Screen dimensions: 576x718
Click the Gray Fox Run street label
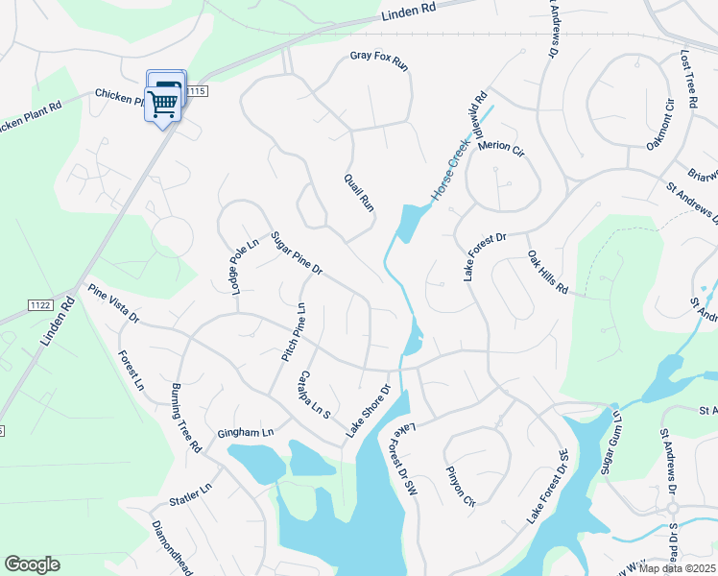click(379, 62)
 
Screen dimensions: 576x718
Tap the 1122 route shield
click(40, 304)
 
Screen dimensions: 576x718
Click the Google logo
click(32, 564)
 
